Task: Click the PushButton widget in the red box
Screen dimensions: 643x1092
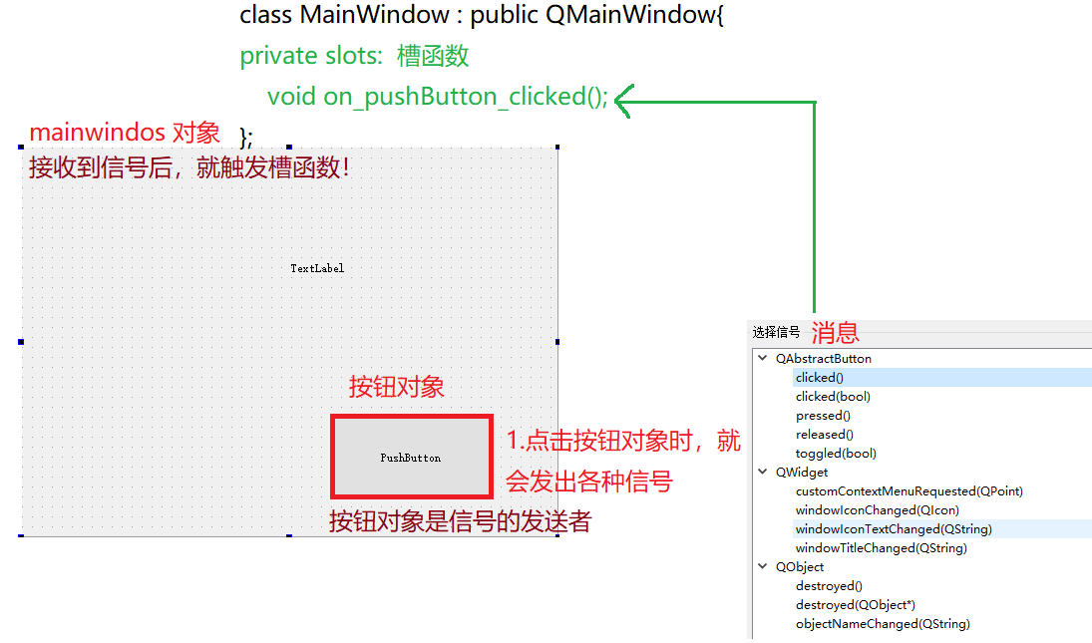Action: [x=411, y=458]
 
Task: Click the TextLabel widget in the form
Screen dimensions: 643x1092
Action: [x=317, y=268]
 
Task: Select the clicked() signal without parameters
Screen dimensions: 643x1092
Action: [x=820, y=378]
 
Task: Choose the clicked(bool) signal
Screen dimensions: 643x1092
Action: [x=833, y=397]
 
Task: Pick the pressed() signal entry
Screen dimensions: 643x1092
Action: [x=823, y=416]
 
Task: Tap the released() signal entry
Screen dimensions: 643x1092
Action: [x=825, y=435]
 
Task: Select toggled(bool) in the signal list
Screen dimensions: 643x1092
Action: [x=836, y=454]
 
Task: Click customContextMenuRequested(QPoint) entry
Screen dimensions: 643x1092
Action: [x=909, y=491]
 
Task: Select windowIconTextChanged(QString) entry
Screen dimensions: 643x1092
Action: [x=894, y=529]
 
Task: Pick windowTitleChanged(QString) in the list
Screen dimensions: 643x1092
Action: [x=882, y=548]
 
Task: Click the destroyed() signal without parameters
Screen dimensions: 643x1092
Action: [x=829, y=586]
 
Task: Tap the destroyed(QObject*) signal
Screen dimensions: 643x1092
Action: [x=856, y=605]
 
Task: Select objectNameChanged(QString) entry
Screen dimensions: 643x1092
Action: [x=883, y=624]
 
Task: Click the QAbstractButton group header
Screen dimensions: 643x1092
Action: [x=823, y=359]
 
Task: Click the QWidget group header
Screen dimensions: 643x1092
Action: [x=802, y=473]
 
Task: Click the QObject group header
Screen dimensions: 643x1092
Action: [x=800, y=567]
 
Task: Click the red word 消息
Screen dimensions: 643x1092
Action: [x=835, y=333]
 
